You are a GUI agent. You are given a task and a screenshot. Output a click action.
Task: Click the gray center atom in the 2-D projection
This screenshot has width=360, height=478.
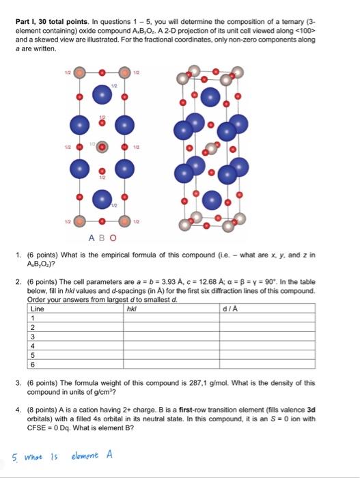tap(101, 145)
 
